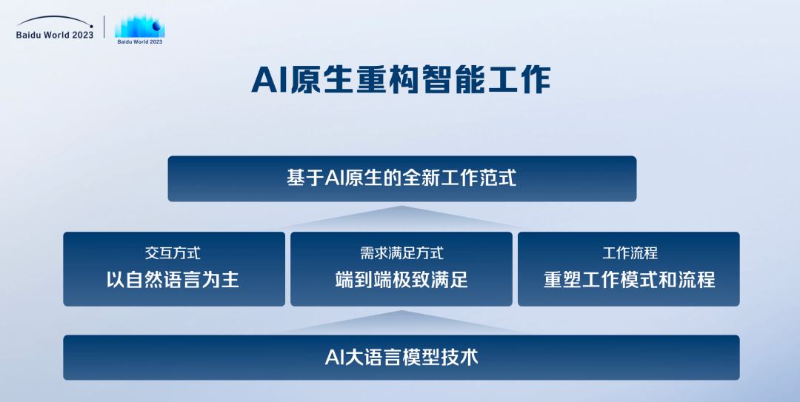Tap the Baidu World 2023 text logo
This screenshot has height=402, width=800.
pyautogui.click(x=55, y=35)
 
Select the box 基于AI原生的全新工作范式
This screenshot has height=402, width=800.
pyautogui.click(x=401, y=178)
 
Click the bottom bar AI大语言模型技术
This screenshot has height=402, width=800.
pyautogui.click(x=401, y=358)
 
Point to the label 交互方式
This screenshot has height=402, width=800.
pyautogui.click(x=173, y=253)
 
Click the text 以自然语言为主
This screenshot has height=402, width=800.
pyautogui.click(x=173, y=280)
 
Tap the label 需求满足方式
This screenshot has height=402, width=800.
pyautogui.click(x=401, y=253)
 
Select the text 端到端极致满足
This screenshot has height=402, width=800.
pyautogui.click(x=401, y=280)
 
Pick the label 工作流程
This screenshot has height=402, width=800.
pyautogui.click(x=630, y=253)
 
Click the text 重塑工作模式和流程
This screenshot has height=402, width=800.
pyautogui.click(x=630, y=280)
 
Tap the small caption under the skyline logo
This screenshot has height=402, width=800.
pyautogui.click(x=140, y=42)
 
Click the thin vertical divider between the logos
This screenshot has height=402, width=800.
pyautogui.click(x=104, y=27)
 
